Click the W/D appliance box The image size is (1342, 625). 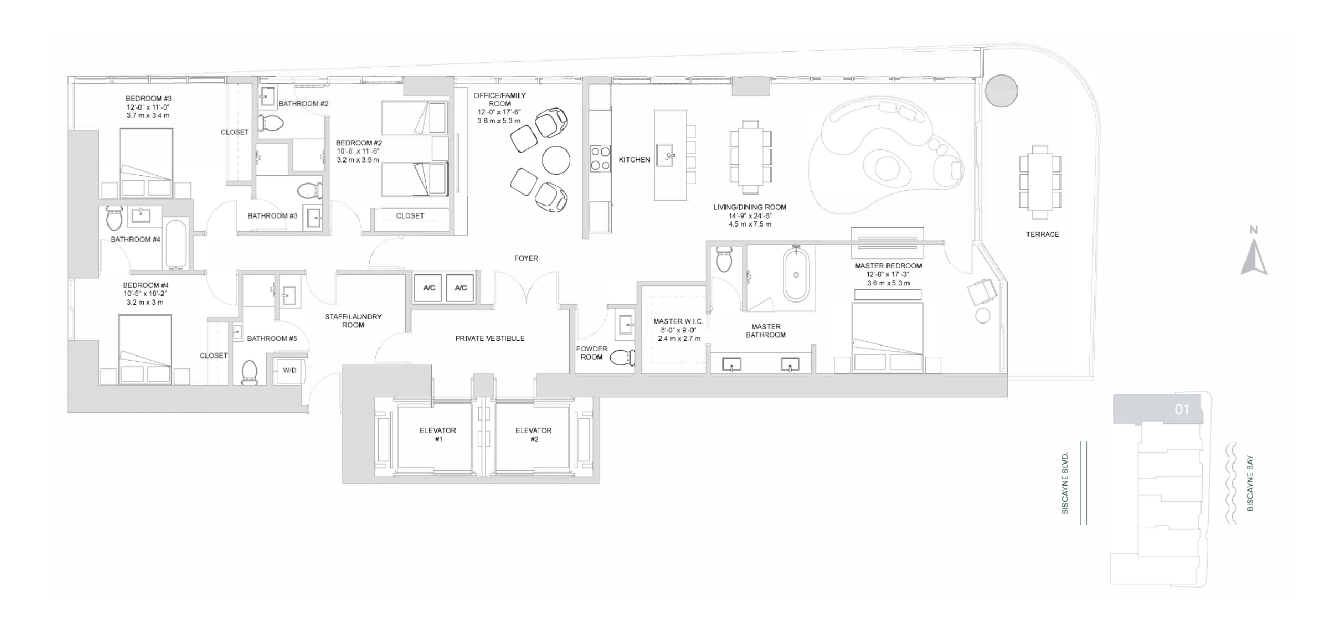(289, 370)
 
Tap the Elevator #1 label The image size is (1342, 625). (438, 435)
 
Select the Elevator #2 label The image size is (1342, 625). (533, 435)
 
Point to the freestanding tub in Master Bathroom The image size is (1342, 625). (796, 275)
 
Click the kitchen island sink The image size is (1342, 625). (665, 156)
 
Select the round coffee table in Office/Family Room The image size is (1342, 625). (556, 160)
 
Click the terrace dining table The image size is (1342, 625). (1041, 181)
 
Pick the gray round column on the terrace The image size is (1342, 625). (1001, 91)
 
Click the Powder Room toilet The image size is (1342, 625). (623, 358)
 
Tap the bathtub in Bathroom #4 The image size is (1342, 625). (176, 245)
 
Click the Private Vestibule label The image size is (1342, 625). (490, 338)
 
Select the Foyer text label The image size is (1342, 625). (526, 258)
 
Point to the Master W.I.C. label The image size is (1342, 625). (678, 321)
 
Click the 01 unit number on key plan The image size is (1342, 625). (1182, 409)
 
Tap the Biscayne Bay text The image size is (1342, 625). (1250, 483)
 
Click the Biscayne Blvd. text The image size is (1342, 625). (1065, 483)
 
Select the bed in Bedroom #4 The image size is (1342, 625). (145, 349)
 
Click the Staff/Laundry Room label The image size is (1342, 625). (353, 320)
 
